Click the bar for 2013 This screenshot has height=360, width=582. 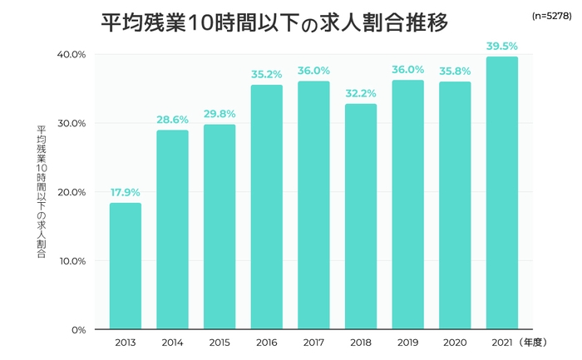pos(125,266)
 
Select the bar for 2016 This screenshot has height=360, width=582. pos(266,207)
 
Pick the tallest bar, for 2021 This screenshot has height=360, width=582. pos(502,193)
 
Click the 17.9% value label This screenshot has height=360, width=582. pos(125,193)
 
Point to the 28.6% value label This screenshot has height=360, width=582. pos(172,120)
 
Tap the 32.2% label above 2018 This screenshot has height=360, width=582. pos(360,94)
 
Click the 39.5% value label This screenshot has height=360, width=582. pos(502,46)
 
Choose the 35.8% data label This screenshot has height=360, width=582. pos(455,71)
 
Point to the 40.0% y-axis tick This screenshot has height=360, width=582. pos(72,55)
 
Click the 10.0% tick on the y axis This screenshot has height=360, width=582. pos(72,261)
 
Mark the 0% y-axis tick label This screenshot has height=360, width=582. pos(78,330)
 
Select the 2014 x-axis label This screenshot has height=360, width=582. pos(172,343)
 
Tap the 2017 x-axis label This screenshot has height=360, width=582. pos(313,343)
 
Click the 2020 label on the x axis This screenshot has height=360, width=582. pos(455,343)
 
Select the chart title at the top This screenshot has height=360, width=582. pos(274,22)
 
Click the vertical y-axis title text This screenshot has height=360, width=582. pos(42,191)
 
